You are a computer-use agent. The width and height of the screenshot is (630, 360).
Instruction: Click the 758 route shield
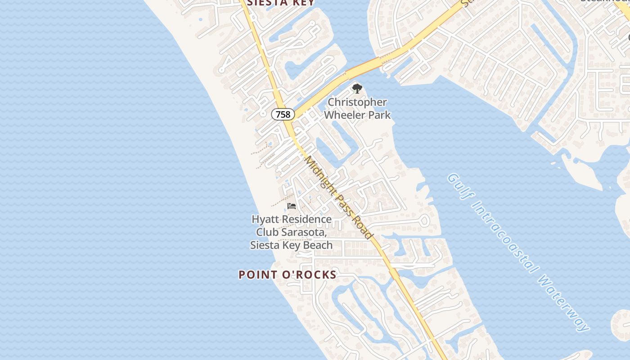[x=283, y=114]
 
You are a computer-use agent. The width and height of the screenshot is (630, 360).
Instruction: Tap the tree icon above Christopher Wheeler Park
[x=357, y=89]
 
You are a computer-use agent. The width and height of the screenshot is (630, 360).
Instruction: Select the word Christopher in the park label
[x=357, y=103]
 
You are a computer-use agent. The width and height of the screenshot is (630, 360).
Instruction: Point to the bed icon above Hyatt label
[x=292, y=206]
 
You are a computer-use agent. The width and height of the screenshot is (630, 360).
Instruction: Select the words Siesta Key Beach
[x=291, y=245]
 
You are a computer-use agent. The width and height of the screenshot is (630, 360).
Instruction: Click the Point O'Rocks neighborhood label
[x=288, y=274]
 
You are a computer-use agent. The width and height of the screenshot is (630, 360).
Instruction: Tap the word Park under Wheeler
[x=379, y=115]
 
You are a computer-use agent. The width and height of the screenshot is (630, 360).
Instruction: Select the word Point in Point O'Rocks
[x=255, y=274]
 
